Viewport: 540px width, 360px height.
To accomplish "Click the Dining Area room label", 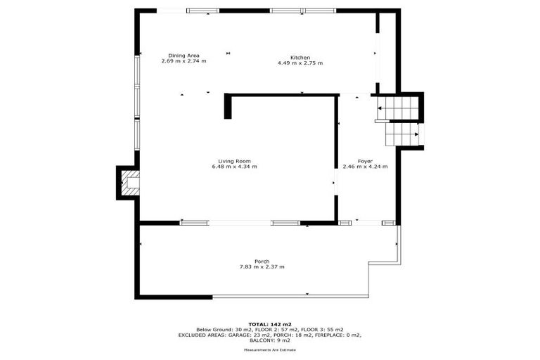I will pos(184,56).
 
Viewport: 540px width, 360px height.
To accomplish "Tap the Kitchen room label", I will pos(300,57).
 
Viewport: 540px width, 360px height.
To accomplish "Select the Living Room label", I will pos(234,161).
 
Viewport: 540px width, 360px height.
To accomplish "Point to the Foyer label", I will pos(365,161).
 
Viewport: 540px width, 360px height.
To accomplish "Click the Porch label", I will pos(262,261).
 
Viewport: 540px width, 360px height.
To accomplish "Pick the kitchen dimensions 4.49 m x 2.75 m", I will pos(300,63).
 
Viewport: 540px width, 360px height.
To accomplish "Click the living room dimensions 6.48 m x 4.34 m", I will pos(234,167).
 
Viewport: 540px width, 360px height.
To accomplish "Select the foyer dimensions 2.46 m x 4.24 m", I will pos(365,167).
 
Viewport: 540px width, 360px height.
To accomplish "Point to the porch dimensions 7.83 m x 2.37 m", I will pos(262,266).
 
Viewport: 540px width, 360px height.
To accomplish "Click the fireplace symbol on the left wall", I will pos(129,183).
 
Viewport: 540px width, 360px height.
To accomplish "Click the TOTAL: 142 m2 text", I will pos(269,324).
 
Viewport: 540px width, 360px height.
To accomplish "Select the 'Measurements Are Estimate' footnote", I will pos(269,349).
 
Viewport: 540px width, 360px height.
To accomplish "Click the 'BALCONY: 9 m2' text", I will pos(269,340).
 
